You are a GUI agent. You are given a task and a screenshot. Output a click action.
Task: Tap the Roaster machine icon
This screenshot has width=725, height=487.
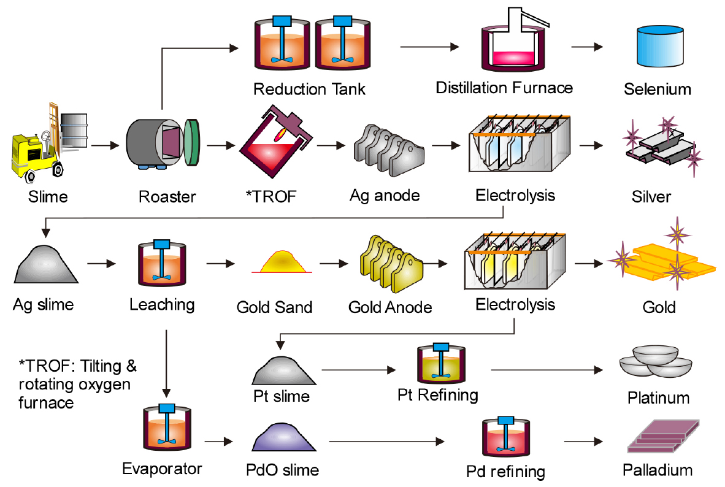[163, 144]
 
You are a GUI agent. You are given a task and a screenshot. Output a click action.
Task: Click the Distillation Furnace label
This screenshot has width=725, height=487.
[504, 88]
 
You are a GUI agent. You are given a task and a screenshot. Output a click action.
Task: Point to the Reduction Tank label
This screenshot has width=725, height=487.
[309, 89]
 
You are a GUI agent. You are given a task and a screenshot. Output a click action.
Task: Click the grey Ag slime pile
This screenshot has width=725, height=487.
[46, 264]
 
